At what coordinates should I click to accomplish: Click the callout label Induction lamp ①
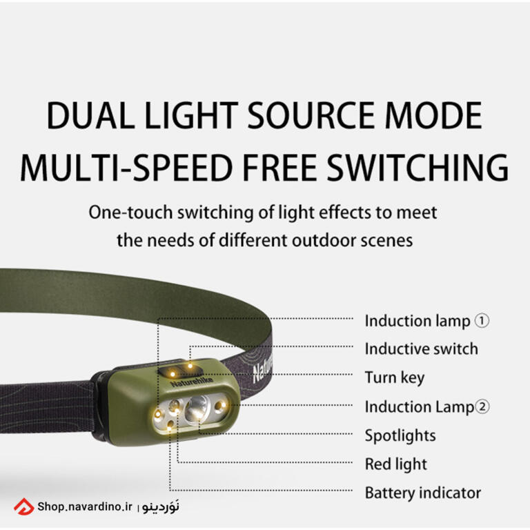tap(427, 321)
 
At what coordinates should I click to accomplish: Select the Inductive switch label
tap(422, 349)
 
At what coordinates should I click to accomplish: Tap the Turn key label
tap(395, 378)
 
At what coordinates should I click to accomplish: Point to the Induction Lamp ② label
tap(427, 407)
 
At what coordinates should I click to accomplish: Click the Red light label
tap(396, 464)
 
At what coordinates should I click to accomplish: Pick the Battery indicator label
tap(423, 493)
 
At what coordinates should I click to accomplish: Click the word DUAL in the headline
tap(90, 115)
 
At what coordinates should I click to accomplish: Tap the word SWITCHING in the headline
tap(418, 167)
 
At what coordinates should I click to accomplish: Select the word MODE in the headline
tap(433, 115)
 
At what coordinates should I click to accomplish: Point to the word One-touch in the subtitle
tap(130, 213)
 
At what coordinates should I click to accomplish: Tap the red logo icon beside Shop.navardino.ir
tap(23, 507)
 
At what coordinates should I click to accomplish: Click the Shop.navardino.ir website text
tap(85, 507)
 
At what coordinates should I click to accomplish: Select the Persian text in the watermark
tap(161, 507)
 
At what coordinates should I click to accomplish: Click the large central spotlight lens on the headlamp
tap(197, 408)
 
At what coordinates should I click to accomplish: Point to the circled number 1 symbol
tap(482, 321)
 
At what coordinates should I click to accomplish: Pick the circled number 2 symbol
tap(482, 406)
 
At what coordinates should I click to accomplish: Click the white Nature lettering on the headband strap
tap(263, 369)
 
